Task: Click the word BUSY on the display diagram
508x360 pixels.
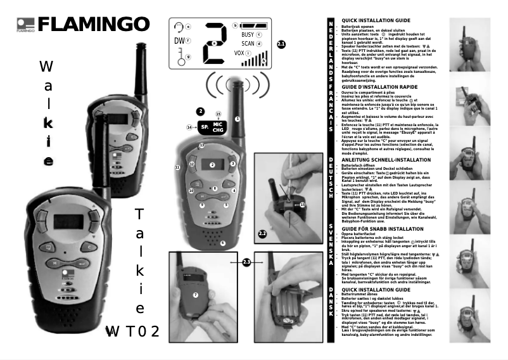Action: [x=248, y=34]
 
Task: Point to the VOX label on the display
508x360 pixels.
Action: [x=239, y=53]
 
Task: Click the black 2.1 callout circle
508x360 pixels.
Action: [x=281, y=44]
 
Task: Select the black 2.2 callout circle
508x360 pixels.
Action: [x=263, y=234]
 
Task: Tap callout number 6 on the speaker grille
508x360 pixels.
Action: [x=222, y=243]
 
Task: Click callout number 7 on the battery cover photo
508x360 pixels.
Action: [x=196, y=295]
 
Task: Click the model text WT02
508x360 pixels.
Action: [x=133, y=331]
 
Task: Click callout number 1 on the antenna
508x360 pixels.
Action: [x=238, y=119]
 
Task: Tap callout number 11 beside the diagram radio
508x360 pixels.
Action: [x=177, y=167]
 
